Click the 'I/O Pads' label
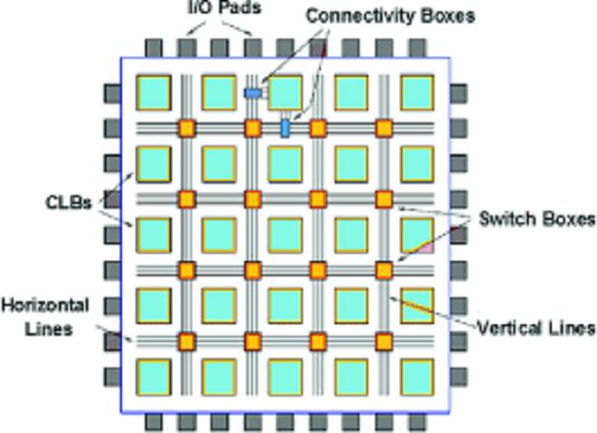tap(225, 8)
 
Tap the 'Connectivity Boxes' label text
tap(390, 16)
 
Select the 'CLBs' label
tap(69, 202)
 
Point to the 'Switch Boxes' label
tap(537, 218)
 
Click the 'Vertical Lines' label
tap(536, 328)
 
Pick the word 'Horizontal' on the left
tap(45, 305)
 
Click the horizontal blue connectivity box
tap(253, 93)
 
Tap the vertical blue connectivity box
tap(285, 128)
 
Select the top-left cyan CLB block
tap(154, 92)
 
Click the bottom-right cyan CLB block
tap(417, 377)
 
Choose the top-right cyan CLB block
tap(417, 92)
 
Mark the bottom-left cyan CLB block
tap(154, 377)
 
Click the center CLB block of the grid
tap(286, 235)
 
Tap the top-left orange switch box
tap(187, 128)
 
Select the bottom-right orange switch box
tap(384, 342)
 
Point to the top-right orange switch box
tap(384, 128)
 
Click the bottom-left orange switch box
tap(187, 342)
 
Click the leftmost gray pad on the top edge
tap(154, 48)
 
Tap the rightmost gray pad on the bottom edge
tap(417, 422)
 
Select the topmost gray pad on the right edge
tap(459, 93)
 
